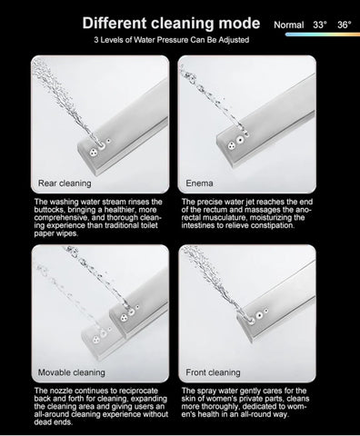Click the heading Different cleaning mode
coord(171,24)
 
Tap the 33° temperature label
coord(320,25)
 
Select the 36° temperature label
coord(345,25)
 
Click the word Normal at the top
coord(288,25)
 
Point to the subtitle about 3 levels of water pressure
coord(172,40)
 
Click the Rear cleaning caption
coord(65,183)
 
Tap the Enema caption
coord(199,183)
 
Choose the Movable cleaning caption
coord(72,372)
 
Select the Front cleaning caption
coord(213,372)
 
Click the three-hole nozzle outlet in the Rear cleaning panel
coord(94,152)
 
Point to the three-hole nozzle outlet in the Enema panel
coord(232,145)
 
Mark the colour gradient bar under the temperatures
coord(323,35)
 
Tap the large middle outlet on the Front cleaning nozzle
coord(259,315)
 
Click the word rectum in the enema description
coord(214,210)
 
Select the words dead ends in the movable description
coord(54,422)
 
